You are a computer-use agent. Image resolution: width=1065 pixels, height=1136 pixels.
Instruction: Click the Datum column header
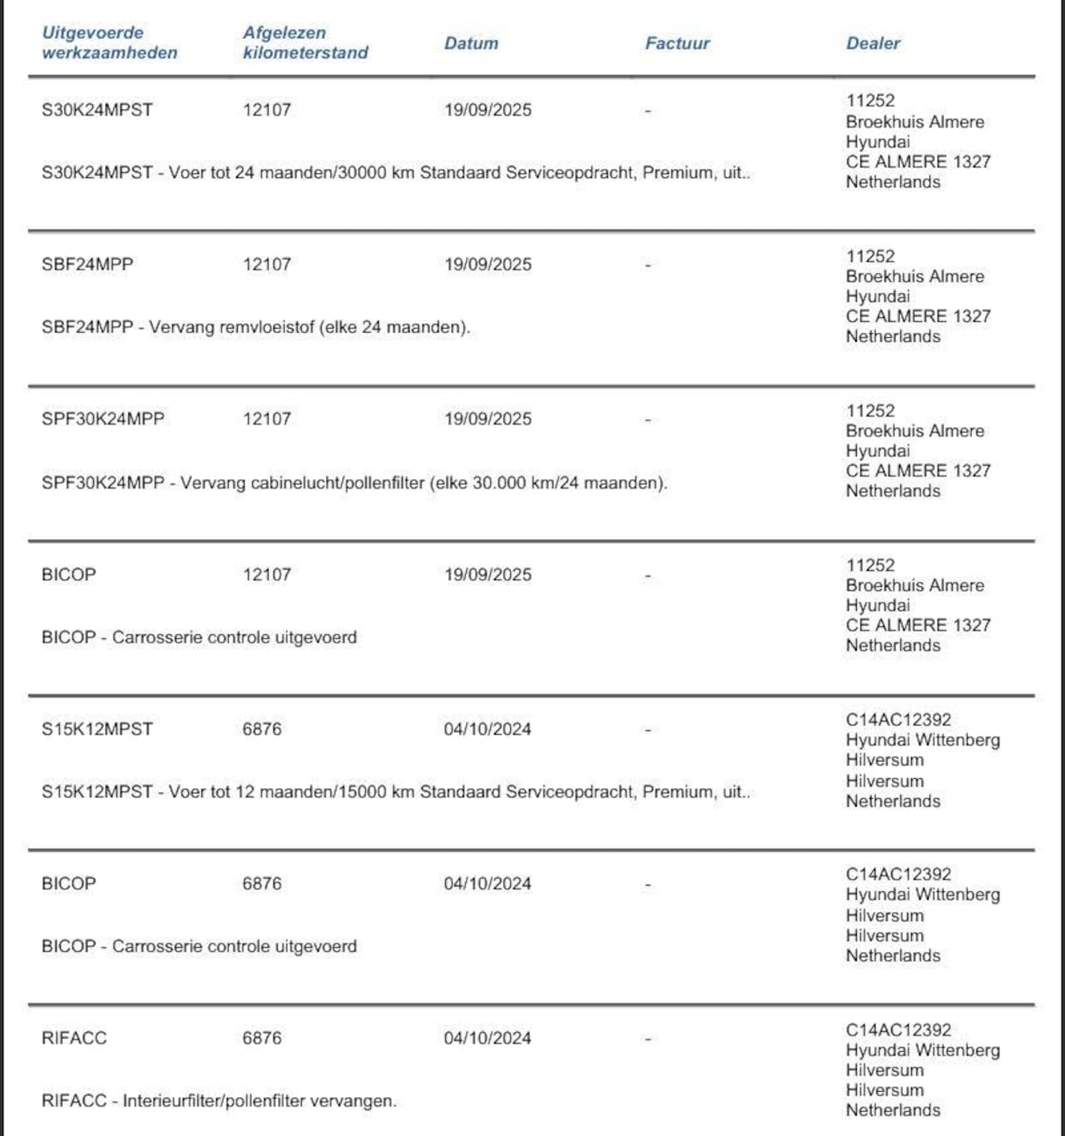pyautogui.click(x=471, y=43)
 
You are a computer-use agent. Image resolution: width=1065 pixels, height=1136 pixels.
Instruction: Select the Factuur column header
pyautogui.click(x=677, y=43)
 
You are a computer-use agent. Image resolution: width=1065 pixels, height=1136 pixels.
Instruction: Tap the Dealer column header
pyautogui.click(x=873, y=43)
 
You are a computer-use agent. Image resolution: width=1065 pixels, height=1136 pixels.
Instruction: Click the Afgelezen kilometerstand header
pyautogui.click(x=305, y=42)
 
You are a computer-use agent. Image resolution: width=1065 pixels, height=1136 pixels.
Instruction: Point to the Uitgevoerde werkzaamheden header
pyautogui.click(x=109, y=42)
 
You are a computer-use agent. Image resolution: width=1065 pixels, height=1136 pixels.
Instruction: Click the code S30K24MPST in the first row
pyautogui.click(x=97, y=110)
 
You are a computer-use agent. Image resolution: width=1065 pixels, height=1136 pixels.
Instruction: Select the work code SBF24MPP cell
pyautogui.click(x=87, y=265)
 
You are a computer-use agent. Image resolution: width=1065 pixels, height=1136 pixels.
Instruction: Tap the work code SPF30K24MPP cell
pyautogui.click(x=103, y=419)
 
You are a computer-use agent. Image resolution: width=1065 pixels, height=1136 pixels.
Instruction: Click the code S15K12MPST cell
pyautogui.click(x=97, y=729)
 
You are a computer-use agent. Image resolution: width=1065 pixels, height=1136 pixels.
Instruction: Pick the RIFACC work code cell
pyautogui.click(x=74, y=1038)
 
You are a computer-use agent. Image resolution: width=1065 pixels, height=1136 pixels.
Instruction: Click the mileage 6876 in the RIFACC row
pyautogui.click(x=262, y=1038)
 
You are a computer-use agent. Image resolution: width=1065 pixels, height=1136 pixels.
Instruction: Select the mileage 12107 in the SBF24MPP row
pyautogui.click(x=267, y=265)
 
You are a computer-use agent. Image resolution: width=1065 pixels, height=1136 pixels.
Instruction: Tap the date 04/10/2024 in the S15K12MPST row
pyautogui.click(x=488, y=729)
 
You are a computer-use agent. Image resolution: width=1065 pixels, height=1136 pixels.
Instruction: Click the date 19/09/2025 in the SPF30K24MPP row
pyautogui.click(x=488, y=419)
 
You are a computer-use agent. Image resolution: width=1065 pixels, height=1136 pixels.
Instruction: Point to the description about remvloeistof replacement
pyautogui.click(x=255, y=327)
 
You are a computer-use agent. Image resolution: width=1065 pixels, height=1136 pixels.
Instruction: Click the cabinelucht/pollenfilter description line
pyautogui.click(x=354, y=483)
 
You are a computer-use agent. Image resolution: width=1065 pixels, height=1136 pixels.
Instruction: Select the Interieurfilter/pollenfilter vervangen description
pyautogui.click(x=219, y=1101)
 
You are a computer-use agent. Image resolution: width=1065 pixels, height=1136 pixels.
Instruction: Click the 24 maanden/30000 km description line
pyautogui.click(x=396, y=173)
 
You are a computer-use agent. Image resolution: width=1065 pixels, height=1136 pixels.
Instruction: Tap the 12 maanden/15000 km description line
pyautogui.click(x=396, y=791)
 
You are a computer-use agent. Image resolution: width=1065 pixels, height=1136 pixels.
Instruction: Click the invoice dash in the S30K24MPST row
pyautogui.click(x=647, y=111)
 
